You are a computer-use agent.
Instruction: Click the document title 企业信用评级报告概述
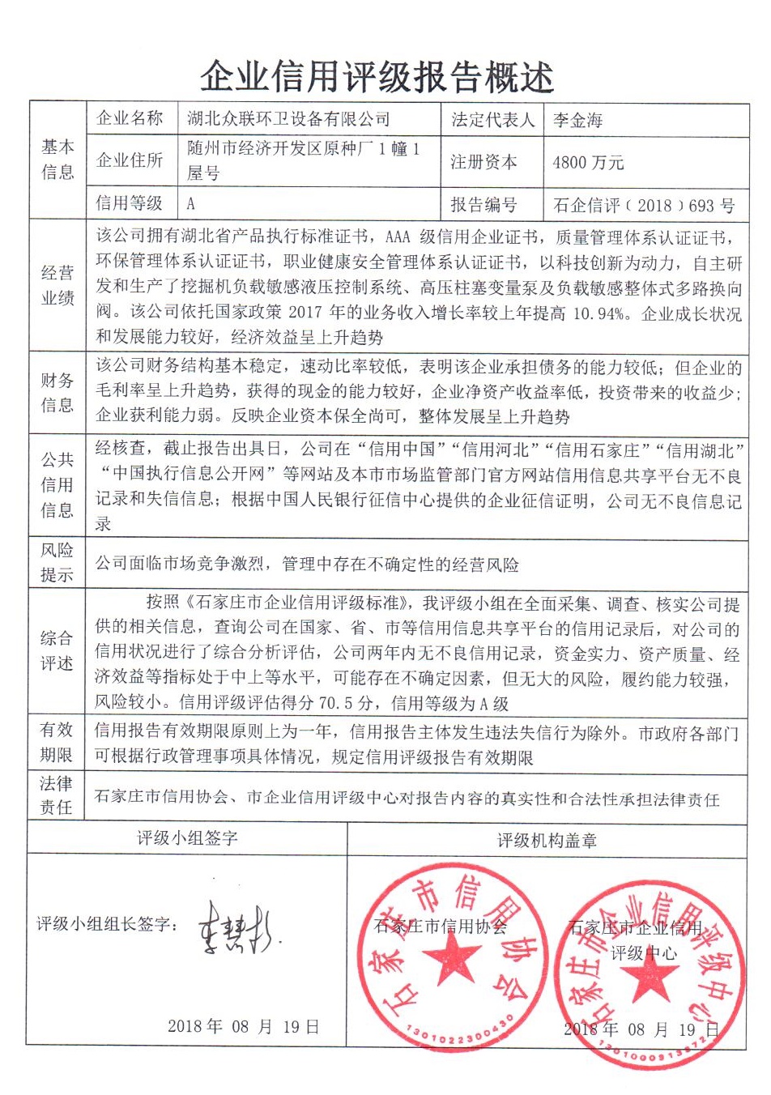click(377, 77)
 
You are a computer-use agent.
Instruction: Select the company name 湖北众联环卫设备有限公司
click(288, 120)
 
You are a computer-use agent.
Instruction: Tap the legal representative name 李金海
click(577, 121)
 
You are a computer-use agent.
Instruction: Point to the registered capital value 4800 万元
click(588, 162)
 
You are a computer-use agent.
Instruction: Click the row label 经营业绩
click(57, 285)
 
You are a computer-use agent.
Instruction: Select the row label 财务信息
click(57, 392)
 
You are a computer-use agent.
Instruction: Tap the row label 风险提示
click(57, 562)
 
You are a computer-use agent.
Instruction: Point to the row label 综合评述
click(57, 650)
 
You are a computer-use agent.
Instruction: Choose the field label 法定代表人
click(492, 121)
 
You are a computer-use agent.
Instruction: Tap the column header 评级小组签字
click(187, 838)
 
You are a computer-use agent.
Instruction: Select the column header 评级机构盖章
click(547, 841)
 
